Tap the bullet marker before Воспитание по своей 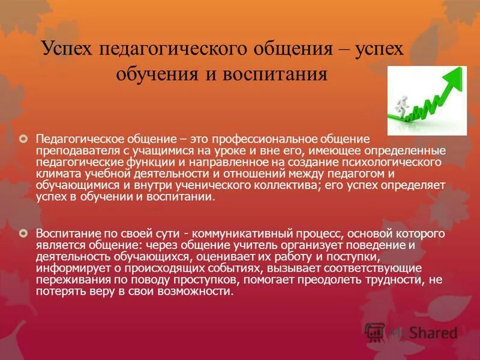24,232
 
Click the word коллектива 277,185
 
